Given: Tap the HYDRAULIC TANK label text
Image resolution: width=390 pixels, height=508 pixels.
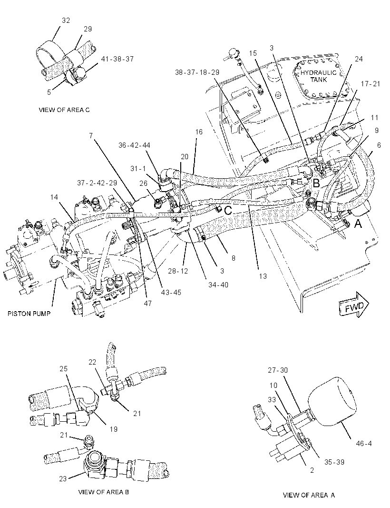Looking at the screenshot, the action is (318, 76).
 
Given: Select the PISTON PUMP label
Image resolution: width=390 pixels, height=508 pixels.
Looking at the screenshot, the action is (29, 314).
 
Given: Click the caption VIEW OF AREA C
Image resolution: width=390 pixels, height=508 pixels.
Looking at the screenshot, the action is (64, 110).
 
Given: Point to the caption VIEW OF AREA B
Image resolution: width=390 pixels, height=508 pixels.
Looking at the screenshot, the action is (104, 492).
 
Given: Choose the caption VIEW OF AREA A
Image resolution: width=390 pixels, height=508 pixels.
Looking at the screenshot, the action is (309, 495).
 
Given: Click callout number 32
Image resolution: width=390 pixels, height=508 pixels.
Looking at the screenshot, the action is (66, 20).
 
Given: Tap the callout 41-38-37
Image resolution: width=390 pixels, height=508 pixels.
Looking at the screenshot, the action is (117, 59).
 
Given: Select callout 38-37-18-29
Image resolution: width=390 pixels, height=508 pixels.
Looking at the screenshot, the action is (197, 72).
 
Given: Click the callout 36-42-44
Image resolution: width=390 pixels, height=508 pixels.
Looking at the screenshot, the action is (134, 145).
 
